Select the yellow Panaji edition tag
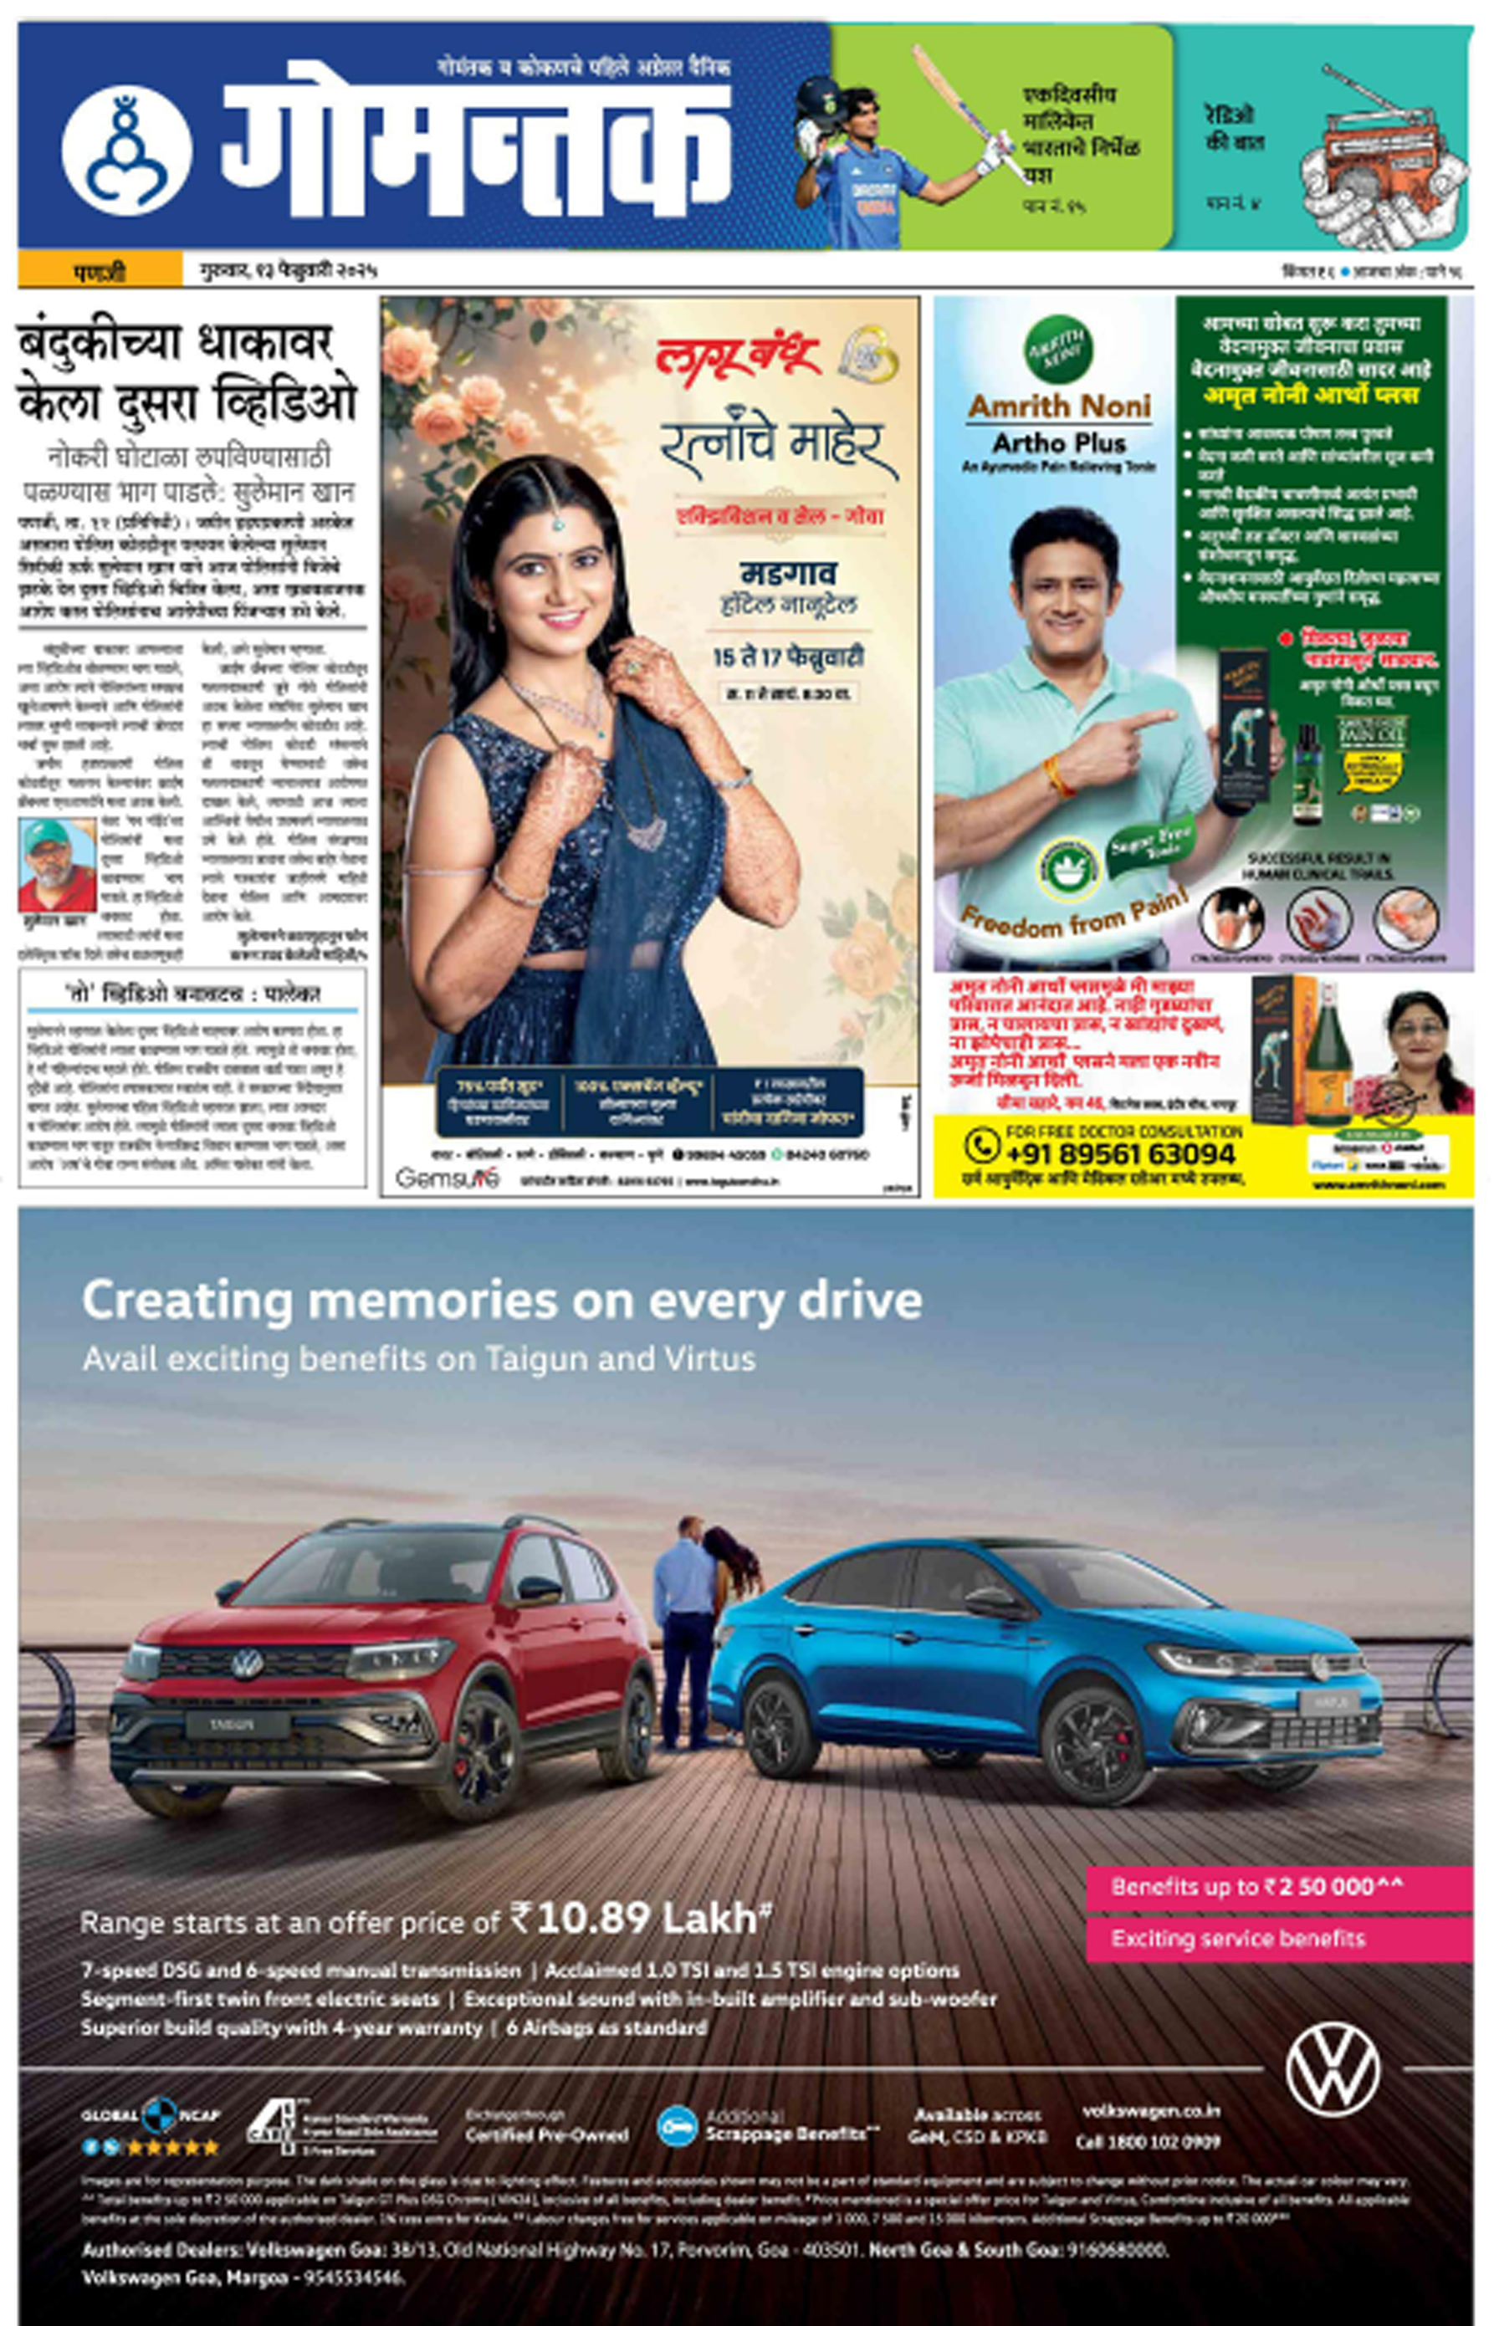pyautogui.click(x=100, y=269)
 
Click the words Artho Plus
pyautogui.click(x=1058, y=443)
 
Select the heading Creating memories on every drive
pyautogui.click(x=502, y=1300)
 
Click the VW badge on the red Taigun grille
pyautogui.click(x=247, y=1664)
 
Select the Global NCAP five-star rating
pyautogui.click(x=151, y=2148)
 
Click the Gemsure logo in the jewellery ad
pyautogui.click(x=448, y=1178)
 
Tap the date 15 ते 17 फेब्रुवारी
pyautogui.click(x=787, y=657)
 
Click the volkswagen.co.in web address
pyautogui.click(x=1150, y=2112)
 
